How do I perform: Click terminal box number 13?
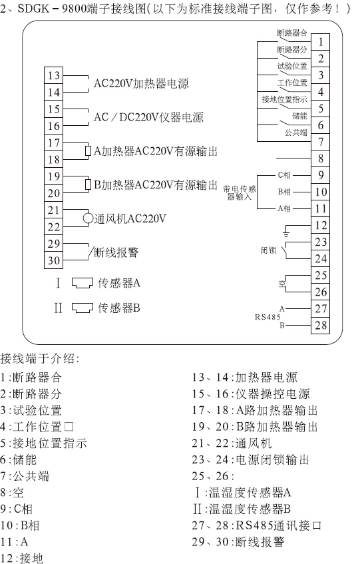pos(53,75)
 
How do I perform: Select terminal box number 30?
pos(53,260)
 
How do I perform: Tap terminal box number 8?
pos(320,158)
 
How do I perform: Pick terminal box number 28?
pos(320,325)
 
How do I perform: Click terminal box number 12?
pos(320,226)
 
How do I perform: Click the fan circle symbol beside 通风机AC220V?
pos(88,218)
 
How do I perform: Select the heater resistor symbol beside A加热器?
pos(88,150)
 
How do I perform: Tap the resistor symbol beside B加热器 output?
pos(88,184)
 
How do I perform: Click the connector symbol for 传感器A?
pos(83,283)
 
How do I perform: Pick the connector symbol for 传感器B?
pos(83,308)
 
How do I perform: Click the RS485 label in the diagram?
pos(268,317)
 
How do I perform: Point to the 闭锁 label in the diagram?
pos(268,250)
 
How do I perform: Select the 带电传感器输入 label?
pos(240,193)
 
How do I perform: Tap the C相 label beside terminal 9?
pos(284,175)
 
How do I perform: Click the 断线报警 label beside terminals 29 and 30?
pos(116,252)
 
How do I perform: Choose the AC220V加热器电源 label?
pos(141,84)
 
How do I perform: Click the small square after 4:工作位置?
pos(69,427)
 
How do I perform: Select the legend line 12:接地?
pos(22,558)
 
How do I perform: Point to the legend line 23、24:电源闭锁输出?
pos(250,459)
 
